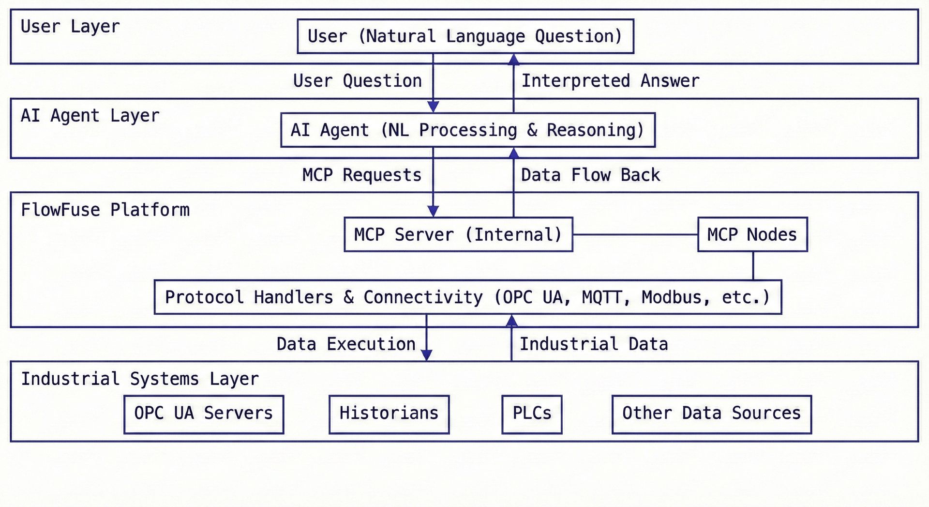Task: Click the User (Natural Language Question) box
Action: click(465, 36)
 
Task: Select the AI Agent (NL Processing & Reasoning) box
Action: click(467, 130)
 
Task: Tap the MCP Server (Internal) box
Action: click(458, 234)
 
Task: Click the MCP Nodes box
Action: click(752, 234)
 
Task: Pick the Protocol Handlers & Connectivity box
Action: click(467, 297)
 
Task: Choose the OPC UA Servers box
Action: click(203, 414)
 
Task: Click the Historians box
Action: click(389, 414)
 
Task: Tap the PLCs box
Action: click(532, 414)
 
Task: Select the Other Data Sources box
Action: click(711, 414)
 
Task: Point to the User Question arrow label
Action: click(357, 81)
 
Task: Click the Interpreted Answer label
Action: click(610, 81)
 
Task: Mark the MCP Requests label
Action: click(361, 175)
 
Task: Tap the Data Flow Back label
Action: click(590, 175)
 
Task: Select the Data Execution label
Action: click(345, 344)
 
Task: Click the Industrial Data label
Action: click(594, 344)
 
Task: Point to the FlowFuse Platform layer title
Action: click(105, 210)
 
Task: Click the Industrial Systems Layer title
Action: click(139, 379)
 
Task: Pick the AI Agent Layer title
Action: click(90, 116)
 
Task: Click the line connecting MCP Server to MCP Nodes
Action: click(635, 234)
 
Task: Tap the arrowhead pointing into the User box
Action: click(514, 60)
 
